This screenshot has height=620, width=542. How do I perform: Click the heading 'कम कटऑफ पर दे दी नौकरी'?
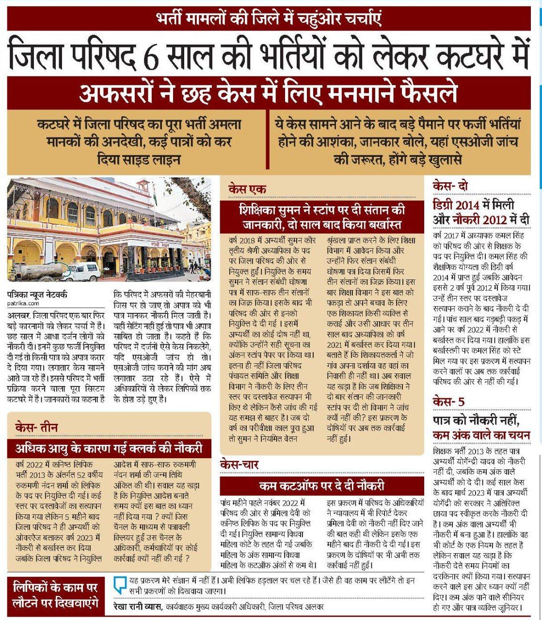coord(321,486)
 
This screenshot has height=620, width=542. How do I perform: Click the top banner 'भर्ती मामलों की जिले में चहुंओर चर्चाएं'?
coord(271,21)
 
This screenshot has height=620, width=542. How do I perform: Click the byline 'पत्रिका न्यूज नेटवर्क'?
coord(37,294)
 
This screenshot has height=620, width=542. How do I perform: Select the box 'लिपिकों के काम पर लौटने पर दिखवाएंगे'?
coord(55,595)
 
